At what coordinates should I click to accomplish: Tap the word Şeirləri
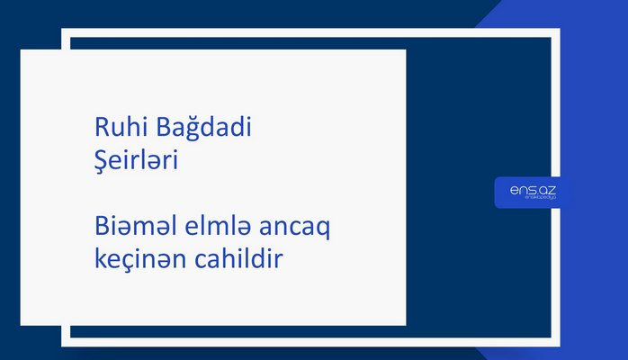[139, 162]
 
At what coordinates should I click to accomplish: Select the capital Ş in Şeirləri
[101, 163]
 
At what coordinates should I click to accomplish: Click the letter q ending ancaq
[323, 231]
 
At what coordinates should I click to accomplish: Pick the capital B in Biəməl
[101, 228]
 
